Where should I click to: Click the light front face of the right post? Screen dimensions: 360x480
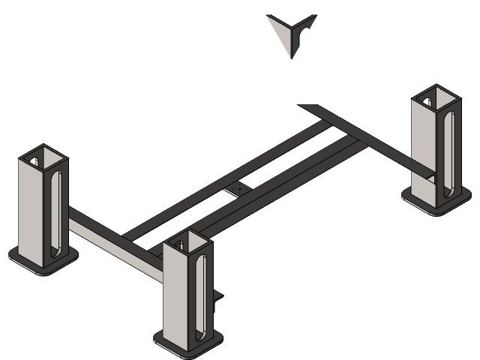coord(424,150)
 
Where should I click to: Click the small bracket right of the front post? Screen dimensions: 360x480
coord(218,298)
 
